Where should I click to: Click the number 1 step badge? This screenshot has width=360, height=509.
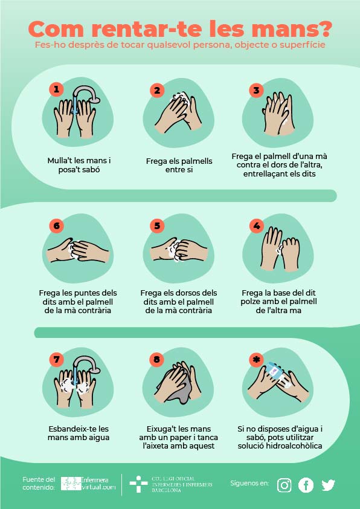pyautogui.click(x=56, y=89)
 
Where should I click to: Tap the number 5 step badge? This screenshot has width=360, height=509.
pyautogui.click(x=157, y=225)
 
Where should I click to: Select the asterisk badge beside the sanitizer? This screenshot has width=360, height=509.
pyautogui.click(x=257, y=360)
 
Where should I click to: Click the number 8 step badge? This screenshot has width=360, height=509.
pyautogui.click(x=157, y=359)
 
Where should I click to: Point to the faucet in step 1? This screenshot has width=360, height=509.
pyautogui.click(x=86, y=94)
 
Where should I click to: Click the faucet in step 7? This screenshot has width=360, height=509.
pyautogui.click(x=86, y=365)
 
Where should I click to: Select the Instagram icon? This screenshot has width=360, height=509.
pyautogui.click(x=284, y=485)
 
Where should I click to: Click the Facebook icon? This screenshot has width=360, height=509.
pyautogui.click(x=306, y=485)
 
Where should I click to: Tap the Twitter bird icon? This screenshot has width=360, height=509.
pyautogui.click(x=328, y=485)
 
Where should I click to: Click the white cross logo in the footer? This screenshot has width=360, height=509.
pyautogui.click(x=138, y=484)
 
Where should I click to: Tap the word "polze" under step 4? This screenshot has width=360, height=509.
pyautogui.click(x=251, y=302)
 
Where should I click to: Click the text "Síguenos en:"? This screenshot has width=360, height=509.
pyautogui.click(x=249, y=483)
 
